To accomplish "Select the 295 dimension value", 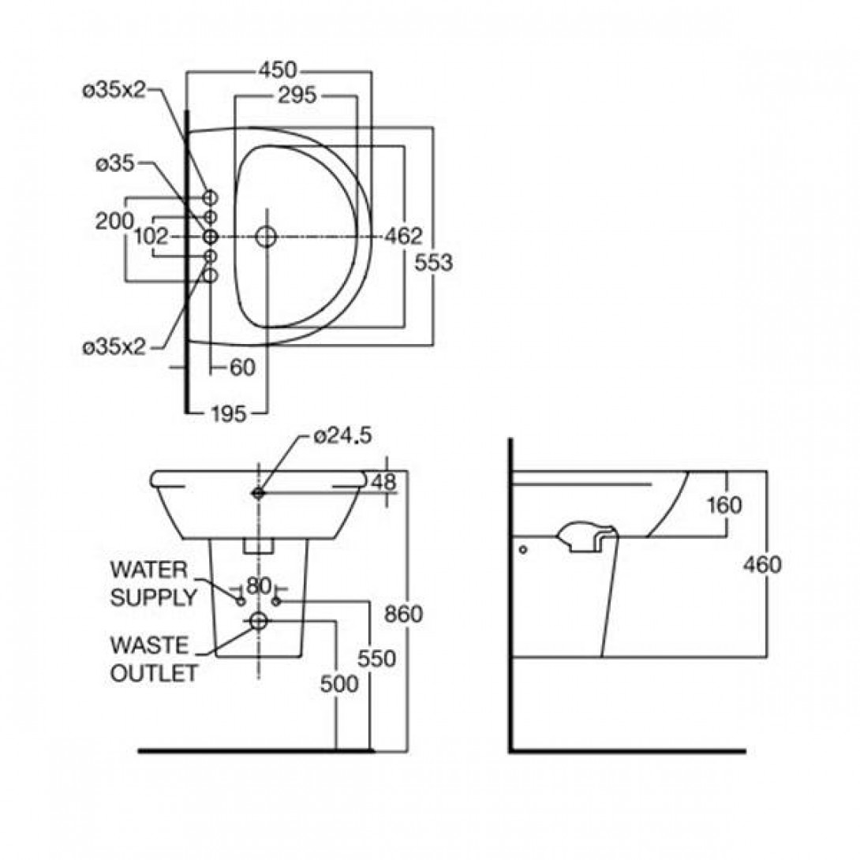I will [297, 95].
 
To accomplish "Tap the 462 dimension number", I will [403, 236].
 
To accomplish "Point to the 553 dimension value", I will [434, 263].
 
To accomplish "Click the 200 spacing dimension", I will [114, 222].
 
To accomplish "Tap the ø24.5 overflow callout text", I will [341, 436].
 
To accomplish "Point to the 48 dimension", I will [382, 481].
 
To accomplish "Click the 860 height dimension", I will [404, 614].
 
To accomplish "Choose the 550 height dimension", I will [376, 658].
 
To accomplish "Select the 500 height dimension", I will [339, 684].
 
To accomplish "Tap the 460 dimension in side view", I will [763, 564].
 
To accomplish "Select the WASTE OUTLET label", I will [152, 660].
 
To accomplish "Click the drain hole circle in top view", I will [267, 236].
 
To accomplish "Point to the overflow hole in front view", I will [259, 492].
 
